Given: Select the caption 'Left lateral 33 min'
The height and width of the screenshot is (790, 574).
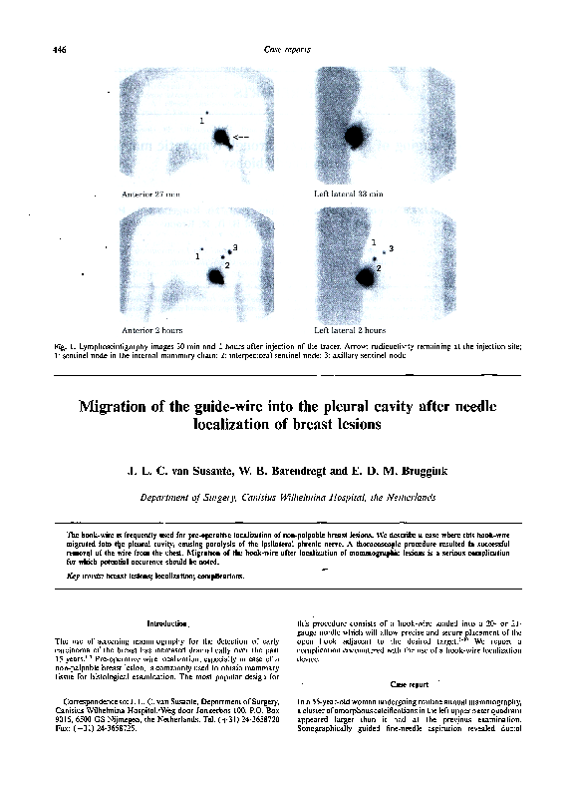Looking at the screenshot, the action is pos(349,193).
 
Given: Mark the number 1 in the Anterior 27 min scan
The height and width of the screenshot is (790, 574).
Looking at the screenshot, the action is pos(201,121).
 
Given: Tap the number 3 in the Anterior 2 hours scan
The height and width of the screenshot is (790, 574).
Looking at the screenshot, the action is pos(234,246).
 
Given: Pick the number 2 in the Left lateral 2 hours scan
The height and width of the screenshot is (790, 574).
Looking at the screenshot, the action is pos(379,267).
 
